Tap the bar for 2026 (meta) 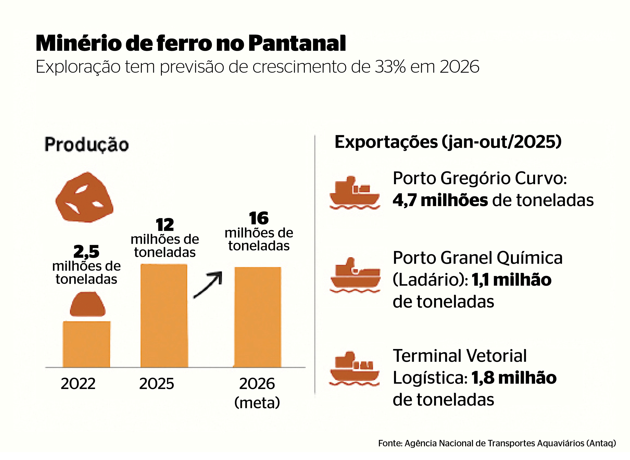[258, 317]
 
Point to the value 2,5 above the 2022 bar [86, 252]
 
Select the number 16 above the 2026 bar [259, 218]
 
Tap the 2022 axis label [78, 383]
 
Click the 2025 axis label [157, 383]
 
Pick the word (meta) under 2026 [257, 402]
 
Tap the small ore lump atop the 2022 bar [87, 304]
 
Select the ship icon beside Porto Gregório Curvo [355, 193]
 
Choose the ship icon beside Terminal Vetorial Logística [355, 369]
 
